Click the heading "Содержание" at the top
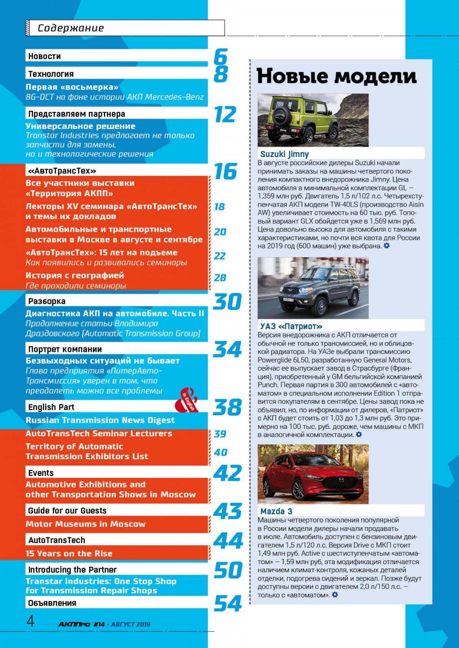71,28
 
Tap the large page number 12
225,114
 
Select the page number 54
228,603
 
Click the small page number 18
220,207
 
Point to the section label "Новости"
44,57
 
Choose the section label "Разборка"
47,301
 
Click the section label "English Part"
51,407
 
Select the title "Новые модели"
336,76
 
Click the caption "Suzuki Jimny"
285,154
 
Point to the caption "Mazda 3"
276,511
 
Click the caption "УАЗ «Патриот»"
291,326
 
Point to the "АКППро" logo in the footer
74,624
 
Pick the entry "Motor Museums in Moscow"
85,524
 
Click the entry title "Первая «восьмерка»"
72,87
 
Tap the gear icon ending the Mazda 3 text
335,595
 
